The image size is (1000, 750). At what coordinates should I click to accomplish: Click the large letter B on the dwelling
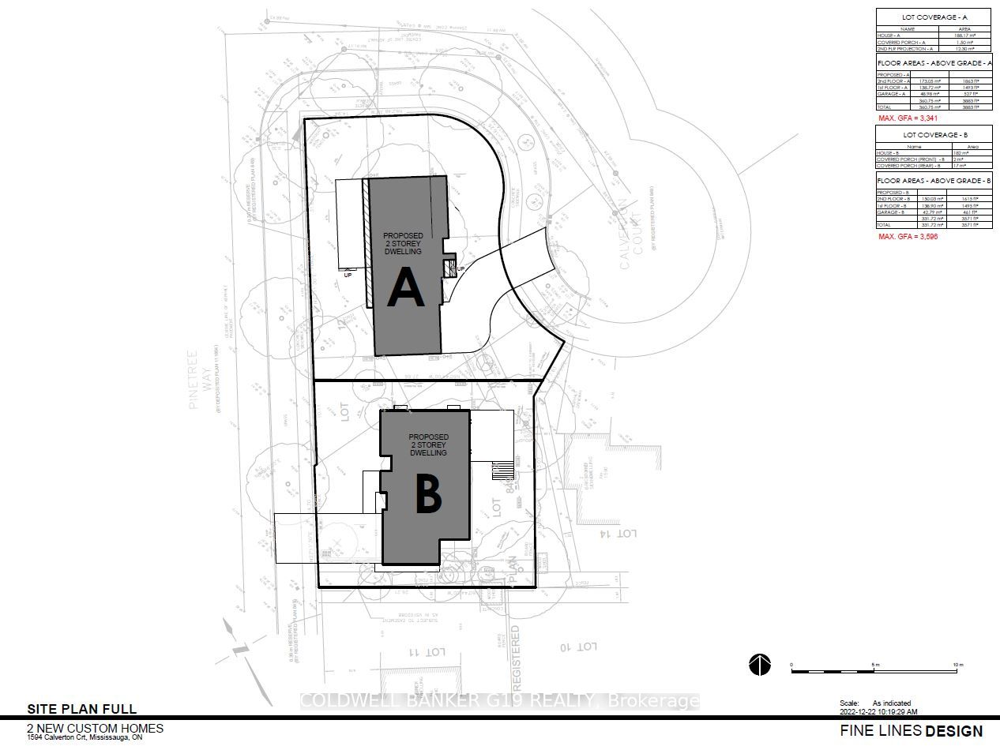tap(427, 495)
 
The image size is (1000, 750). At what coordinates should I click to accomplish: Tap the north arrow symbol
tap(760, 666)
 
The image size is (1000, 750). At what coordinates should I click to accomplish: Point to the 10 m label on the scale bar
tap(958, 666)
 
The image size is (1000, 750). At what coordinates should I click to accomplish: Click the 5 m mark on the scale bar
tap(874, 666)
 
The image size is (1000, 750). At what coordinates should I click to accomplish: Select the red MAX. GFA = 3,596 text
tap(908, 237)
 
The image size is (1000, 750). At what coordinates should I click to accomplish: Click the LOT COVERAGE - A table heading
tap(934, 17)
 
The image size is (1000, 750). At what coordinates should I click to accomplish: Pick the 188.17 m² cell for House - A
tap(963, 36)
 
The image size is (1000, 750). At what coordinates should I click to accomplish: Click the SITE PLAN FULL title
tap(82, 709)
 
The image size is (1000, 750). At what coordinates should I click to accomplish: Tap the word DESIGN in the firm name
tap(954, 731)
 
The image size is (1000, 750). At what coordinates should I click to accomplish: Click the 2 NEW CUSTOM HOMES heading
tap(95, 727)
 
